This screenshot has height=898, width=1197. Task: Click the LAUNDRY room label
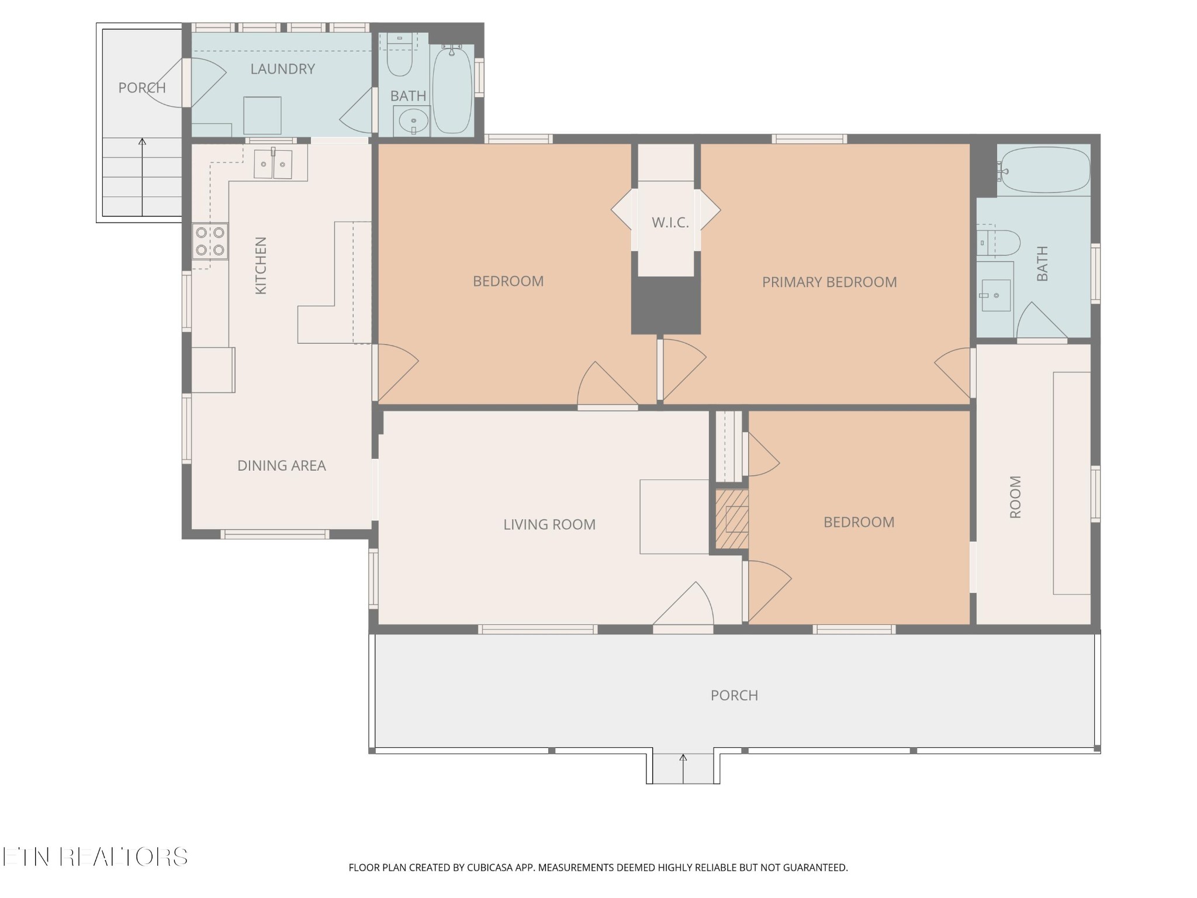click(282, 69)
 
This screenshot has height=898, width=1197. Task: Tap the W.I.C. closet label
click(670, 223)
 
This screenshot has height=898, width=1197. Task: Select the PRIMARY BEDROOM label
click(829, 282)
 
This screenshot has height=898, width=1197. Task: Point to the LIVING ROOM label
click(549, 524)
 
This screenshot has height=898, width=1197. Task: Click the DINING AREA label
click(281, 465)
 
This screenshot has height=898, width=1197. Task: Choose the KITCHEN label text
click(261, 265)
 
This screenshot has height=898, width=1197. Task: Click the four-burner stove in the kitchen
click(210, 241)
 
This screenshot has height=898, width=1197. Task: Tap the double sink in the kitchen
click(273, 164)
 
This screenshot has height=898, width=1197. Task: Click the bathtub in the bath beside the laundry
click(452, 89)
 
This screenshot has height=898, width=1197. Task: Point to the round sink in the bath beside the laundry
click(413, 122)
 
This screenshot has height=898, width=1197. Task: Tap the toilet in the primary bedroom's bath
click(999, 242)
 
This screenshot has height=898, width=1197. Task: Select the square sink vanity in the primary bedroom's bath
click(995, 295)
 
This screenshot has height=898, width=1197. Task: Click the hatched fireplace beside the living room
click(732, 519)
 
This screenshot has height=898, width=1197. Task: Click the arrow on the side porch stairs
click(142, 177)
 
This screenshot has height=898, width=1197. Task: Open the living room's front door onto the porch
click(683, 629)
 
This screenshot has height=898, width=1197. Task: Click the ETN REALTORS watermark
click(95, 856)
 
